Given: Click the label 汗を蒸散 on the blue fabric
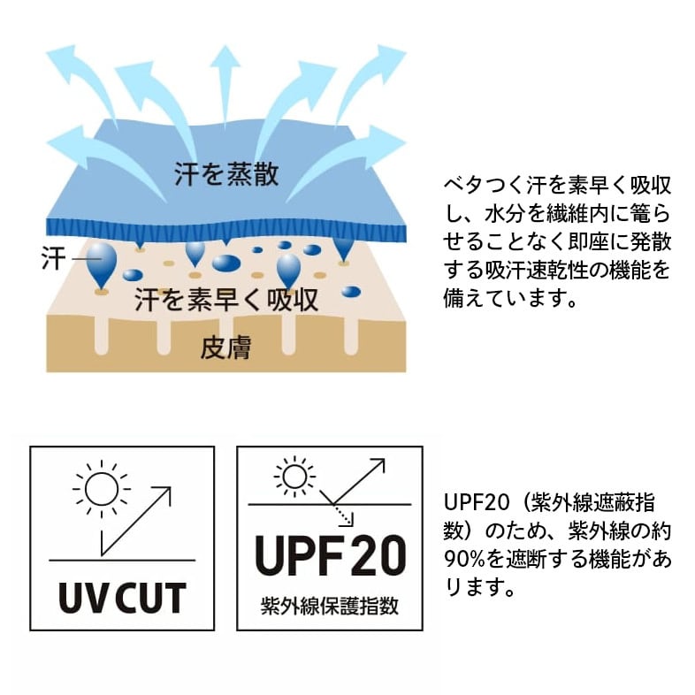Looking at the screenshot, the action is point(226,173).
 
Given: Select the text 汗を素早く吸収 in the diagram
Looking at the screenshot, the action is point(226,300).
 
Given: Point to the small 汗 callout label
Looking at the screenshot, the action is point(54,258).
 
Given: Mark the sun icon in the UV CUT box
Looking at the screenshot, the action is point(102,489).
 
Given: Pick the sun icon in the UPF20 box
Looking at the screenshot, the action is point(294,477).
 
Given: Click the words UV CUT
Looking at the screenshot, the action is point(122,598).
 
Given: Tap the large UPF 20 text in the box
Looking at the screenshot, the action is point(330,555).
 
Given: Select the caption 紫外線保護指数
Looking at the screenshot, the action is point(330,606).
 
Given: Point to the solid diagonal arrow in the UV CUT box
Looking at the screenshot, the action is point(136,522).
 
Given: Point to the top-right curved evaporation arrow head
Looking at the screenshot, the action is point(390,58).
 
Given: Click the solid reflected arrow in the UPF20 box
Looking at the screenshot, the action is point(353,482).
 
